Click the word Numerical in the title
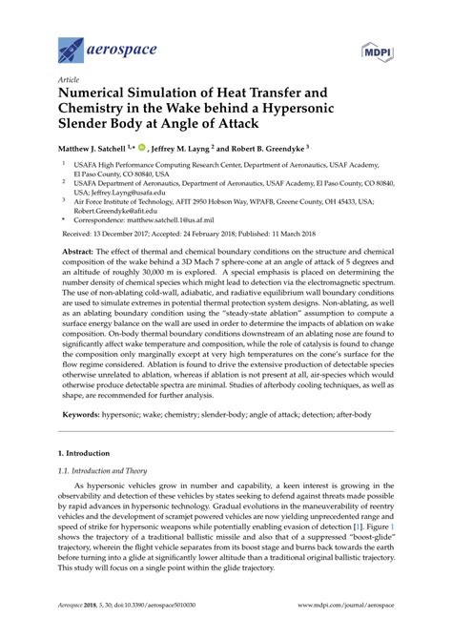100,97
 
